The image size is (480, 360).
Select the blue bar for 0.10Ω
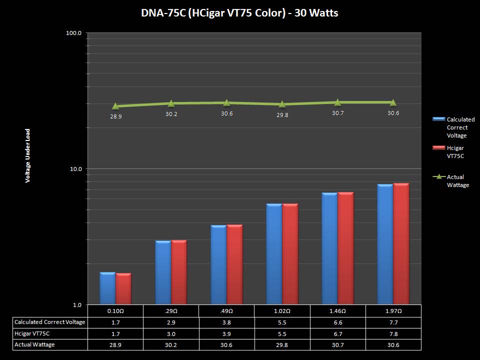pyautogui.click(x=107, y=288)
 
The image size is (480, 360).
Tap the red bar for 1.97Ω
pyautogui.click(x=401, y=244)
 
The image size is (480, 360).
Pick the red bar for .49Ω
pyautogui.click(x=234, y=264)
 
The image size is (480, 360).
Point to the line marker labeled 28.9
pyautogui.click(x=115, y=106)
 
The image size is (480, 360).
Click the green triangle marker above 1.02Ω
pyautogui.click(x=282, y=104)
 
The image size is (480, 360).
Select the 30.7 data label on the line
pyautogui.click(x=337, y=113)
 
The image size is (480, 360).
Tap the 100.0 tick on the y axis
pyautogui.click(x=74, y=33)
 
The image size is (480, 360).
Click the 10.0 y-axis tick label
pyautogui.click(x=76, y=169)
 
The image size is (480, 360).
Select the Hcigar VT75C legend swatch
pyautogui.click(x=438, y=148)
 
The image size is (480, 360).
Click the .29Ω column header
pyautogui.click(x=171, y=311)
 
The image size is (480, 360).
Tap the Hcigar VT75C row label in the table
pyautogui.click(x=32, y=333)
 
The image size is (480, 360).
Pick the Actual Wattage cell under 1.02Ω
pyautogui.click(x=282, y=344)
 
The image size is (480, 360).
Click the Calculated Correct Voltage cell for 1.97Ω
pyautogui.click(x=393, y=322)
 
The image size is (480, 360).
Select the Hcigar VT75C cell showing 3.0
pyautogui.click(x=171, y=333)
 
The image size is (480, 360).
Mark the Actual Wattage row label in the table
pyautogui.click(x=34, y=344)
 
